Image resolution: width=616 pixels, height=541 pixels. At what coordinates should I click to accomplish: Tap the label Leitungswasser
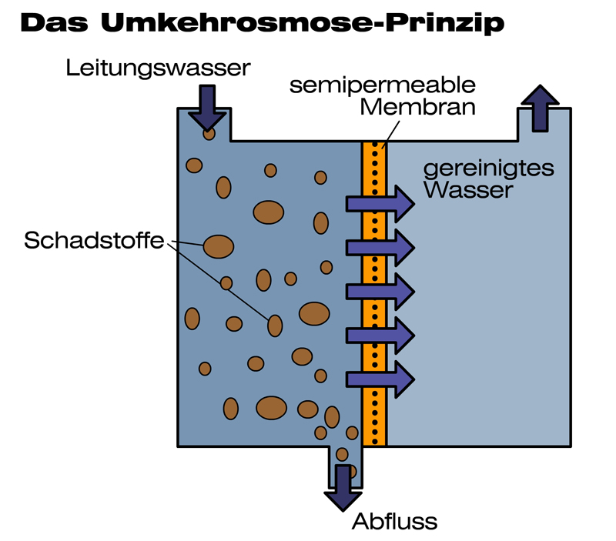159,68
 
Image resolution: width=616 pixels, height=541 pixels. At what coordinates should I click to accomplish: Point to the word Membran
417,107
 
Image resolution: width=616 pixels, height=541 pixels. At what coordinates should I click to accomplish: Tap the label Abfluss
394,522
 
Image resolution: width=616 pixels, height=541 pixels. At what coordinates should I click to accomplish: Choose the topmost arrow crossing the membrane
380,203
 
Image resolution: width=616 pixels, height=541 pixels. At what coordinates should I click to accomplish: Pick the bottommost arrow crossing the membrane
380,379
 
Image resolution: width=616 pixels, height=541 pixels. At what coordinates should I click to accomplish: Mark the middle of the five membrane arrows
380,291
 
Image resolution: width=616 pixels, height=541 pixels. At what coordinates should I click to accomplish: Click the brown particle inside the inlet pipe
209,134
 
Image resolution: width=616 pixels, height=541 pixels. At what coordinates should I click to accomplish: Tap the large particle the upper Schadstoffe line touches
218,246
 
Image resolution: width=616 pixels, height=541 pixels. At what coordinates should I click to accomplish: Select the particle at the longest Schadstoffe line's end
275,326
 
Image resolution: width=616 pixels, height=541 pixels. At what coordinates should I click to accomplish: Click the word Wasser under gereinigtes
467,189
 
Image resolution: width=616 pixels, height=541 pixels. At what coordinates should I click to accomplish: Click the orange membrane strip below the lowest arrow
374,419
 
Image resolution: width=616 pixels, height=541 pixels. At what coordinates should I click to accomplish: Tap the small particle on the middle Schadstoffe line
226,283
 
